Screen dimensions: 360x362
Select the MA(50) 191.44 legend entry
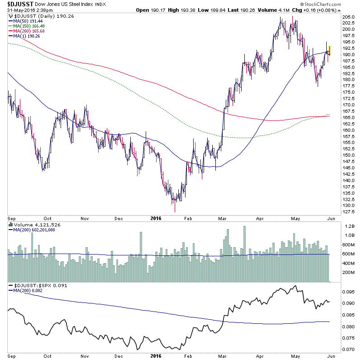[24, 21]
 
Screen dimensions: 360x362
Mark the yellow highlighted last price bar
[329, 50]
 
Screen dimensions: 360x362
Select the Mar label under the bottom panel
[220, 356]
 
